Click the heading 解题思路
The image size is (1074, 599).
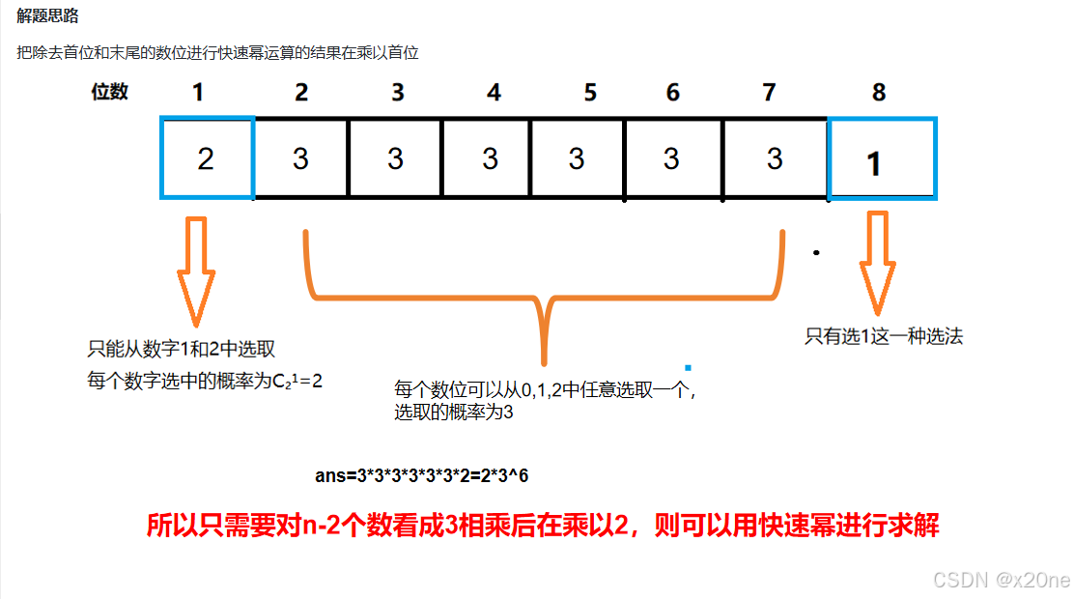coord(47,16)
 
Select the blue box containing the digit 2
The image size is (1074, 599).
coord(207,157)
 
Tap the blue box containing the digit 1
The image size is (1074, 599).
coord(882,159)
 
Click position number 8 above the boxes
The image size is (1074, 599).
coord(878,93)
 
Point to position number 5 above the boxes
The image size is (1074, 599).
coord(590,93)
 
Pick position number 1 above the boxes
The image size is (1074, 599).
coord(198,93)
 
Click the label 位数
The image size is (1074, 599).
coord(110,92)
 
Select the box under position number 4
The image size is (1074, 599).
coord(490,157)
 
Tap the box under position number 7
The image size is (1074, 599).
coord(775,157)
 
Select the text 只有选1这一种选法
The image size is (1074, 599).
coord(884,337)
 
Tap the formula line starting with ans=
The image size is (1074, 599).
coord(422,476)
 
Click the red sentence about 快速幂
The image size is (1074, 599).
coord(543,526)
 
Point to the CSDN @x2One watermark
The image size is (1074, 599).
coord(1001,580)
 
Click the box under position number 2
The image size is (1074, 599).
coord(300,157)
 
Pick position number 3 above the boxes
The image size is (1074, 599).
coord(397,93)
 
